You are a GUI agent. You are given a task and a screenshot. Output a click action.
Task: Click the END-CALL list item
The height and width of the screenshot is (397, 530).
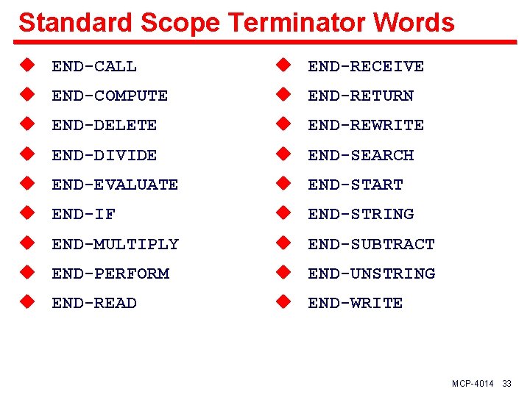[94, 66]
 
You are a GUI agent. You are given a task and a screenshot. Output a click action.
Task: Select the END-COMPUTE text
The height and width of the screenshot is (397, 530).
[110, 96]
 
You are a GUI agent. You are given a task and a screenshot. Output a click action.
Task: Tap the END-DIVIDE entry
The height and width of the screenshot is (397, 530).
[105, 155]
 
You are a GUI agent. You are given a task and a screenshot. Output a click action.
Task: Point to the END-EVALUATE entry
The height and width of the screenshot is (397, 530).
[115, 185]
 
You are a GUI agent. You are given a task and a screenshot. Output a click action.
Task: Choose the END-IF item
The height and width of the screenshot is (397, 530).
[84, 214]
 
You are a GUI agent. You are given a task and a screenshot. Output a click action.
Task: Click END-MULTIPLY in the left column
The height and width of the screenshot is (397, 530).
[115, 244]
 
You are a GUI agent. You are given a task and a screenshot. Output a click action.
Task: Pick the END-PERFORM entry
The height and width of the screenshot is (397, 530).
[110, 273]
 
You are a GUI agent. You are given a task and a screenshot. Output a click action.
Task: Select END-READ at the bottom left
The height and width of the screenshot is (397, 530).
[94, 303]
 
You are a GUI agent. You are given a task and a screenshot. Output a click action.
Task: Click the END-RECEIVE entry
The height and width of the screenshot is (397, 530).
[366, 66]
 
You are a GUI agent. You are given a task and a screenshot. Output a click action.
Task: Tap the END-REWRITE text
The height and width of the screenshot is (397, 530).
[366, 126]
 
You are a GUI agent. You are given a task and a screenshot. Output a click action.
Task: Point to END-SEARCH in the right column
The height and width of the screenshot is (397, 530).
[361, 155]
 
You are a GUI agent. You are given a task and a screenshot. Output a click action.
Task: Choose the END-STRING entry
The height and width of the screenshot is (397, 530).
[361, 214]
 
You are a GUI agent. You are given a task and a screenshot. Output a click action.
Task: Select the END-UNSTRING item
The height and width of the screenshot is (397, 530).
[372, 273]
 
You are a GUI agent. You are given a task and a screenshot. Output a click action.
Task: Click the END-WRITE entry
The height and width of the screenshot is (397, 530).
[356, 303]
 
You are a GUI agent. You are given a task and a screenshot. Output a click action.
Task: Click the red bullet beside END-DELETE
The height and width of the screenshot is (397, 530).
[27, 125]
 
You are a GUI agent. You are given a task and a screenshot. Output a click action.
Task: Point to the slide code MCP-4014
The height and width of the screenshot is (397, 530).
[473, 385]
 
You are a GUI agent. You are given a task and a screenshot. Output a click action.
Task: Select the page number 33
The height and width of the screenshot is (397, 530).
[506, 385]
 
